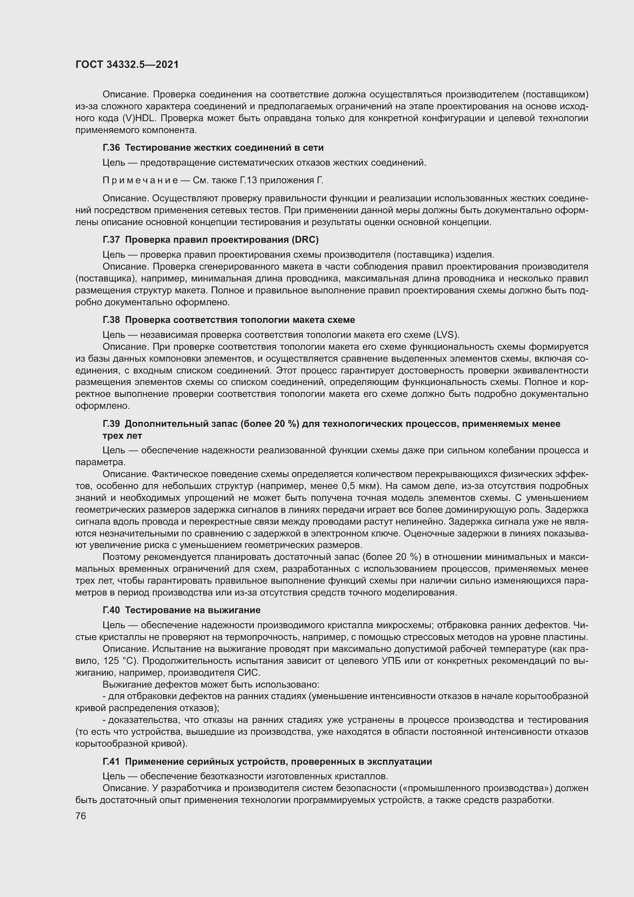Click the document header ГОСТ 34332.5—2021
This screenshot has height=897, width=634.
pos(127,65)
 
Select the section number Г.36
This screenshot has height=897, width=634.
pos(111,148)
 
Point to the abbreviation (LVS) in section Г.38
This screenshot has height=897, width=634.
pos(445,335)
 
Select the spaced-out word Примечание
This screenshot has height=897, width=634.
pos(140,181)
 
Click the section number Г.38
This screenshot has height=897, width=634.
pos(111,320)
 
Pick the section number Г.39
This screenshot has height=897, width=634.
pos(111,424)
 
